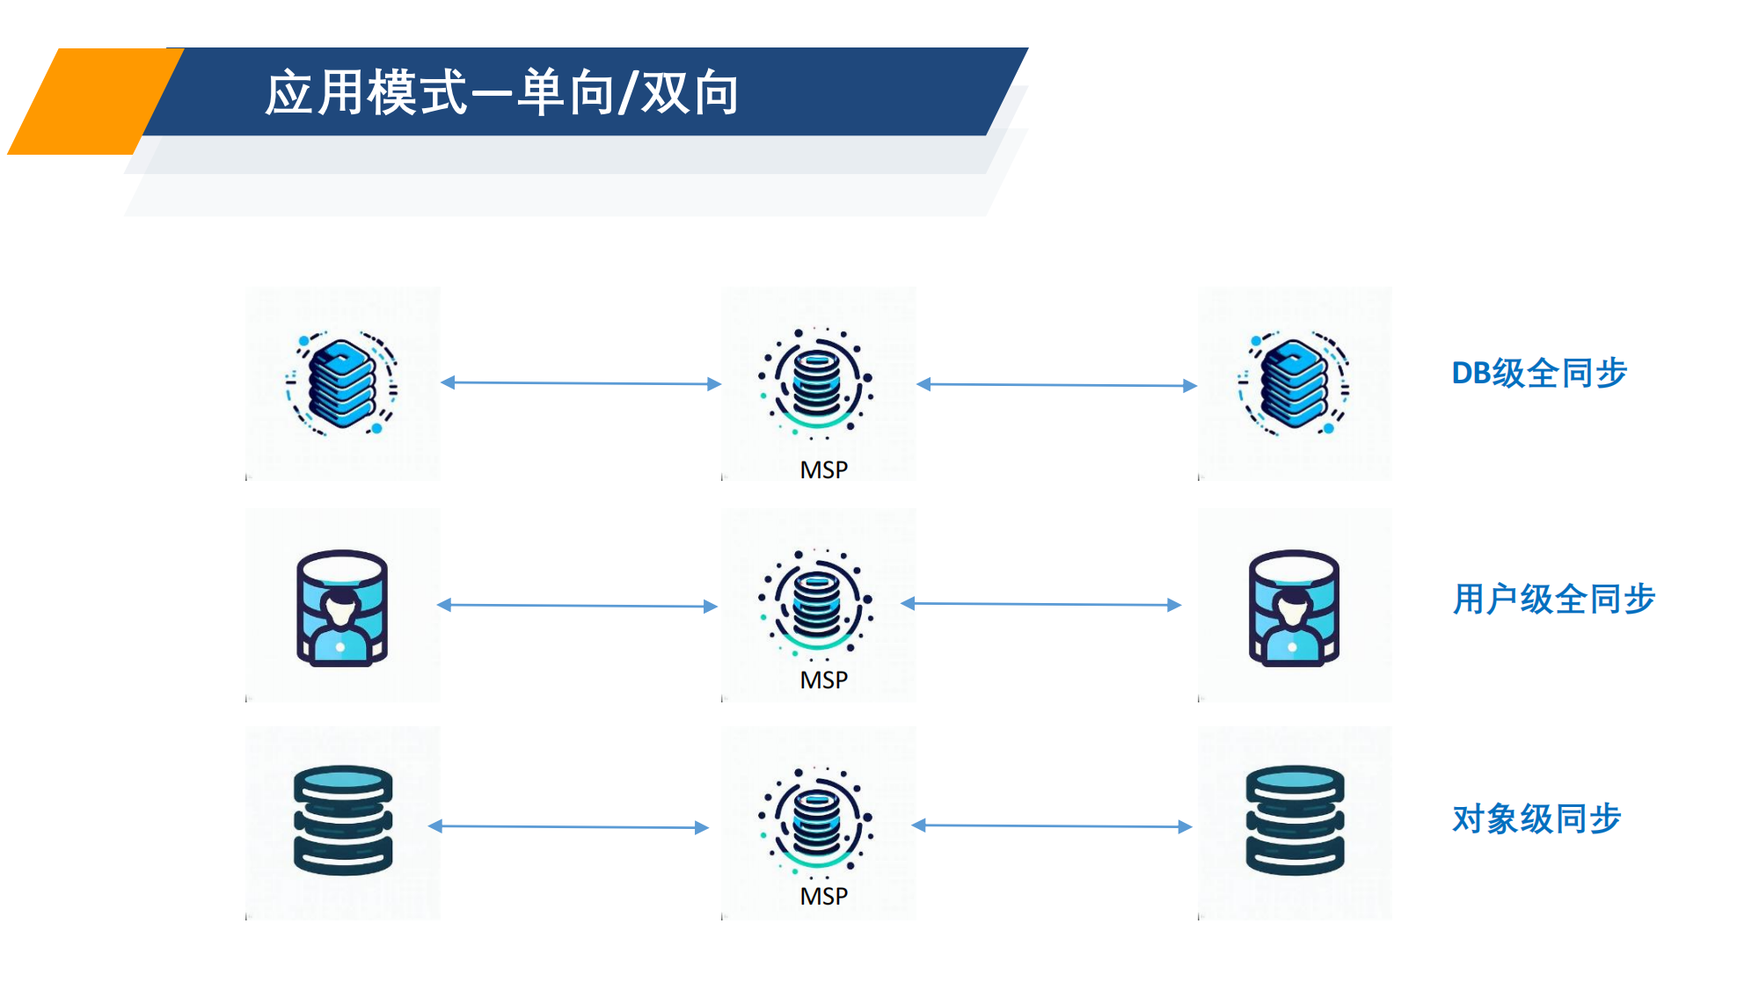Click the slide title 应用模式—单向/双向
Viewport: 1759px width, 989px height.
point(501,92)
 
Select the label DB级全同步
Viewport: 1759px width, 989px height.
point(1539,373)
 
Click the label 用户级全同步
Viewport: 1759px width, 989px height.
point(1554,599)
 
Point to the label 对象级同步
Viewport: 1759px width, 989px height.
point(1536,818)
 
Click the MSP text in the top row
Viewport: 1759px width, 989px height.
point(823,470)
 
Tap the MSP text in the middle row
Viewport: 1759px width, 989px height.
point(823,680)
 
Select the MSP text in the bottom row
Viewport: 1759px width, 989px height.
point(823,896)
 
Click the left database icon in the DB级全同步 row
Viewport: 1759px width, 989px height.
point(342,384)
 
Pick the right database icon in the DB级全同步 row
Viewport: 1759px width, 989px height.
point(1294,384)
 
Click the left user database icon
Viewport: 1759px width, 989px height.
point(342,607)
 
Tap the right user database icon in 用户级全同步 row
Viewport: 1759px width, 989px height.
point(1294,607)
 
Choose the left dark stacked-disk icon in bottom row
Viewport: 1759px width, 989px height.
point(342,819)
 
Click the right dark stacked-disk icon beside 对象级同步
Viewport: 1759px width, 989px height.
point(1295,819)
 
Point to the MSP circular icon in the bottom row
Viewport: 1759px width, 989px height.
point(816,820)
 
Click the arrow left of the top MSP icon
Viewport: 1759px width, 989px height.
point(580,383)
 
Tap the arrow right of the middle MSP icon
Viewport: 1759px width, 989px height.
point(1041,604)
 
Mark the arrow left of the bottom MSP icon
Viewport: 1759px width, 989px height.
point(568,826)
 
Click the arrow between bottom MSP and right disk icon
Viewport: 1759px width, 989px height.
point(1052,825)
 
